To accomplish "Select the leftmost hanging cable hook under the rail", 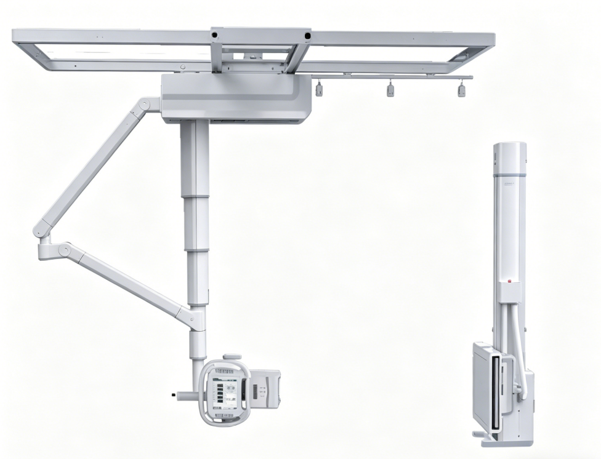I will click(319, 90).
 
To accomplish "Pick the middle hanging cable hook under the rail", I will click(390, 91).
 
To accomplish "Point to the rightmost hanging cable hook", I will click(461, 90).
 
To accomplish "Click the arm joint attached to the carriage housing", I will click(146, 105).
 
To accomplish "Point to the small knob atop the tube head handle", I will click(232, 357).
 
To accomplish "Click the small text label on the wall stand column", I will click(510, 185).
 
